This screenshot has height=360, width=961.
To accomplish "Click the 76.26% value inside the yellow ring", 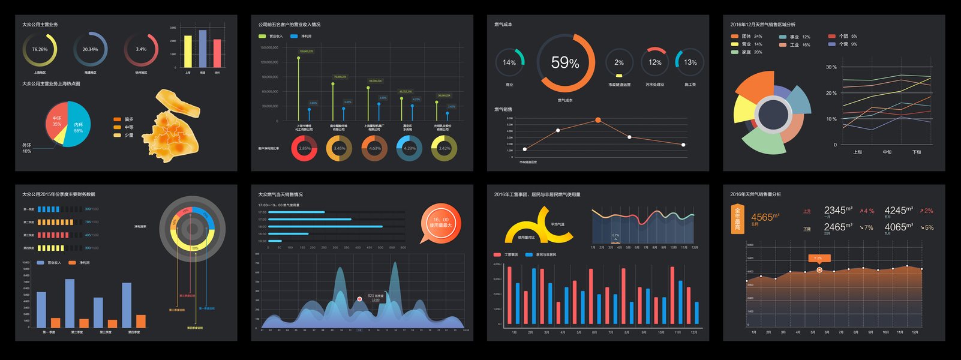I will pyautogui.click(x=40, y=49).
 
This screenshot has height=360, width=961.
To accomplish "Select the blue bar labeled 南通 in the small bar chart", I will pyautogui.click(x=203, y=49).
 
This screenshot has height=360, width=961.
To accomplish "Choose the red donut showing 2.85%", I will pyautogui.click(x=304, y=148).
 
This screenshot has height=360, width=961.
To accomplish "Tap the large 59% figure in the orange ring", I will pyautogui.click(x=565, y=63).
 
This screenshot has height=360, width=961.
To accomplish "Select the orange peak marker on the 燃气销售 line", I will pyautogui.click(x=598, y=120).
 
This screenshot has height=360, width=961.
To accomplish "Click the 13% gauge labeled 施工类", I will pyautogui.click(x=690, y=62).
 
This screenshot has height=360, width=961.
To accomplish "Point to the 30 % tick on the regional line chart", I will pyautogui.click(x=831, y=67).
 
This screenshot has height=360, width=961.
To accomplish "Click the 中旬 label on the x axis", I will pyautogui.click(x=887, y=152).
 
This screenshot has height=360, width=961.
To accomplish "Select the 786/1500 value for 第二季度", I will pyautogui.click(x=92, y=222).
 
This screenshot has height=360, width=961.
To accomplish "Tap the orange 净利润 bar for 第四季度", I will pyautogui.click(x=141, y=321).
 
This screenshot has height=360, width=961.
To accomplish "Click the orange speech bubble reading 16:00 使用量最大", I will pyautogui.click(x=441, y=222).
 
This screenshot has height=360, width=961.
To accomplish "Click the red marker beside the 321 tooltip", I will pyautogui.click(x=359, y=299).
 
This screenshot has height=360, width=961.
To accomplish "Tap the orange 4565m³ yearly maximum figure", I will pyautogui.click(x=765, y=217).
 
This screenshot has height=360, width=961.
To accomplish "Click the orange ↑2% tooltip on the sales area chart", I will pyautogui.click(x=819, y=258).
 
